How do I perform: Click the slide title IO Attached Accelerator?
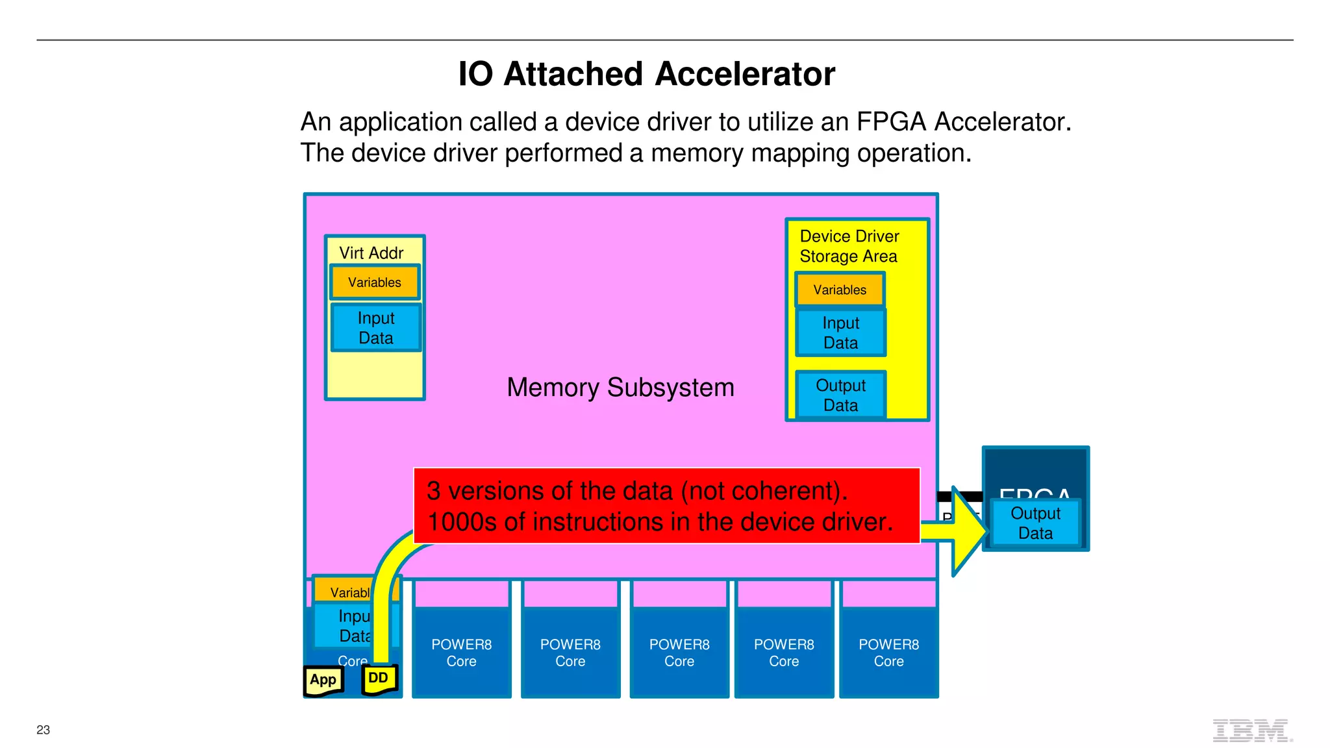646,74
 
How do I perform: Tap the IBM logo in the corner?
1251,730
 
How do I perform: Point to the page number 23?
43,730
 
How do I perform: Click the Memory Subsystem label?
620,388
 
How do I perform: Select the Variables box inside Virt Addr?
375,282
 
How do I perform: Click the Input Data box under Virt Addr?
376,328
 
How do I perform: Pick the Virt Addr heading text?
371,253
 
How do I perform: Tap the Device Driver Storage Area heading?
849,246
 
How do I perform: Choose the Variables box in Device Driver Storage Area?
840,290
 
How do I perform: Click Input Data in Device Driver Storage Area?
840,332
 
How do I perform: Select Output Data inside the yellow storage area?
840,395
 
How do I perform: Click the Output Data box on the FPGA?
1035,523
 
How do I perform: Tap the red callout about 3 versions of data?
666,506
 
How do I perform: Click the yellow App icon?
323,680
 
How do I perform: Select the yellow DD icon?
379,679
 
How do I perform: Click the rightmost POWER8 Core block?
888,652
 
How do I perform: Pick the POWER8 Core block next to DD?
461,652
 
